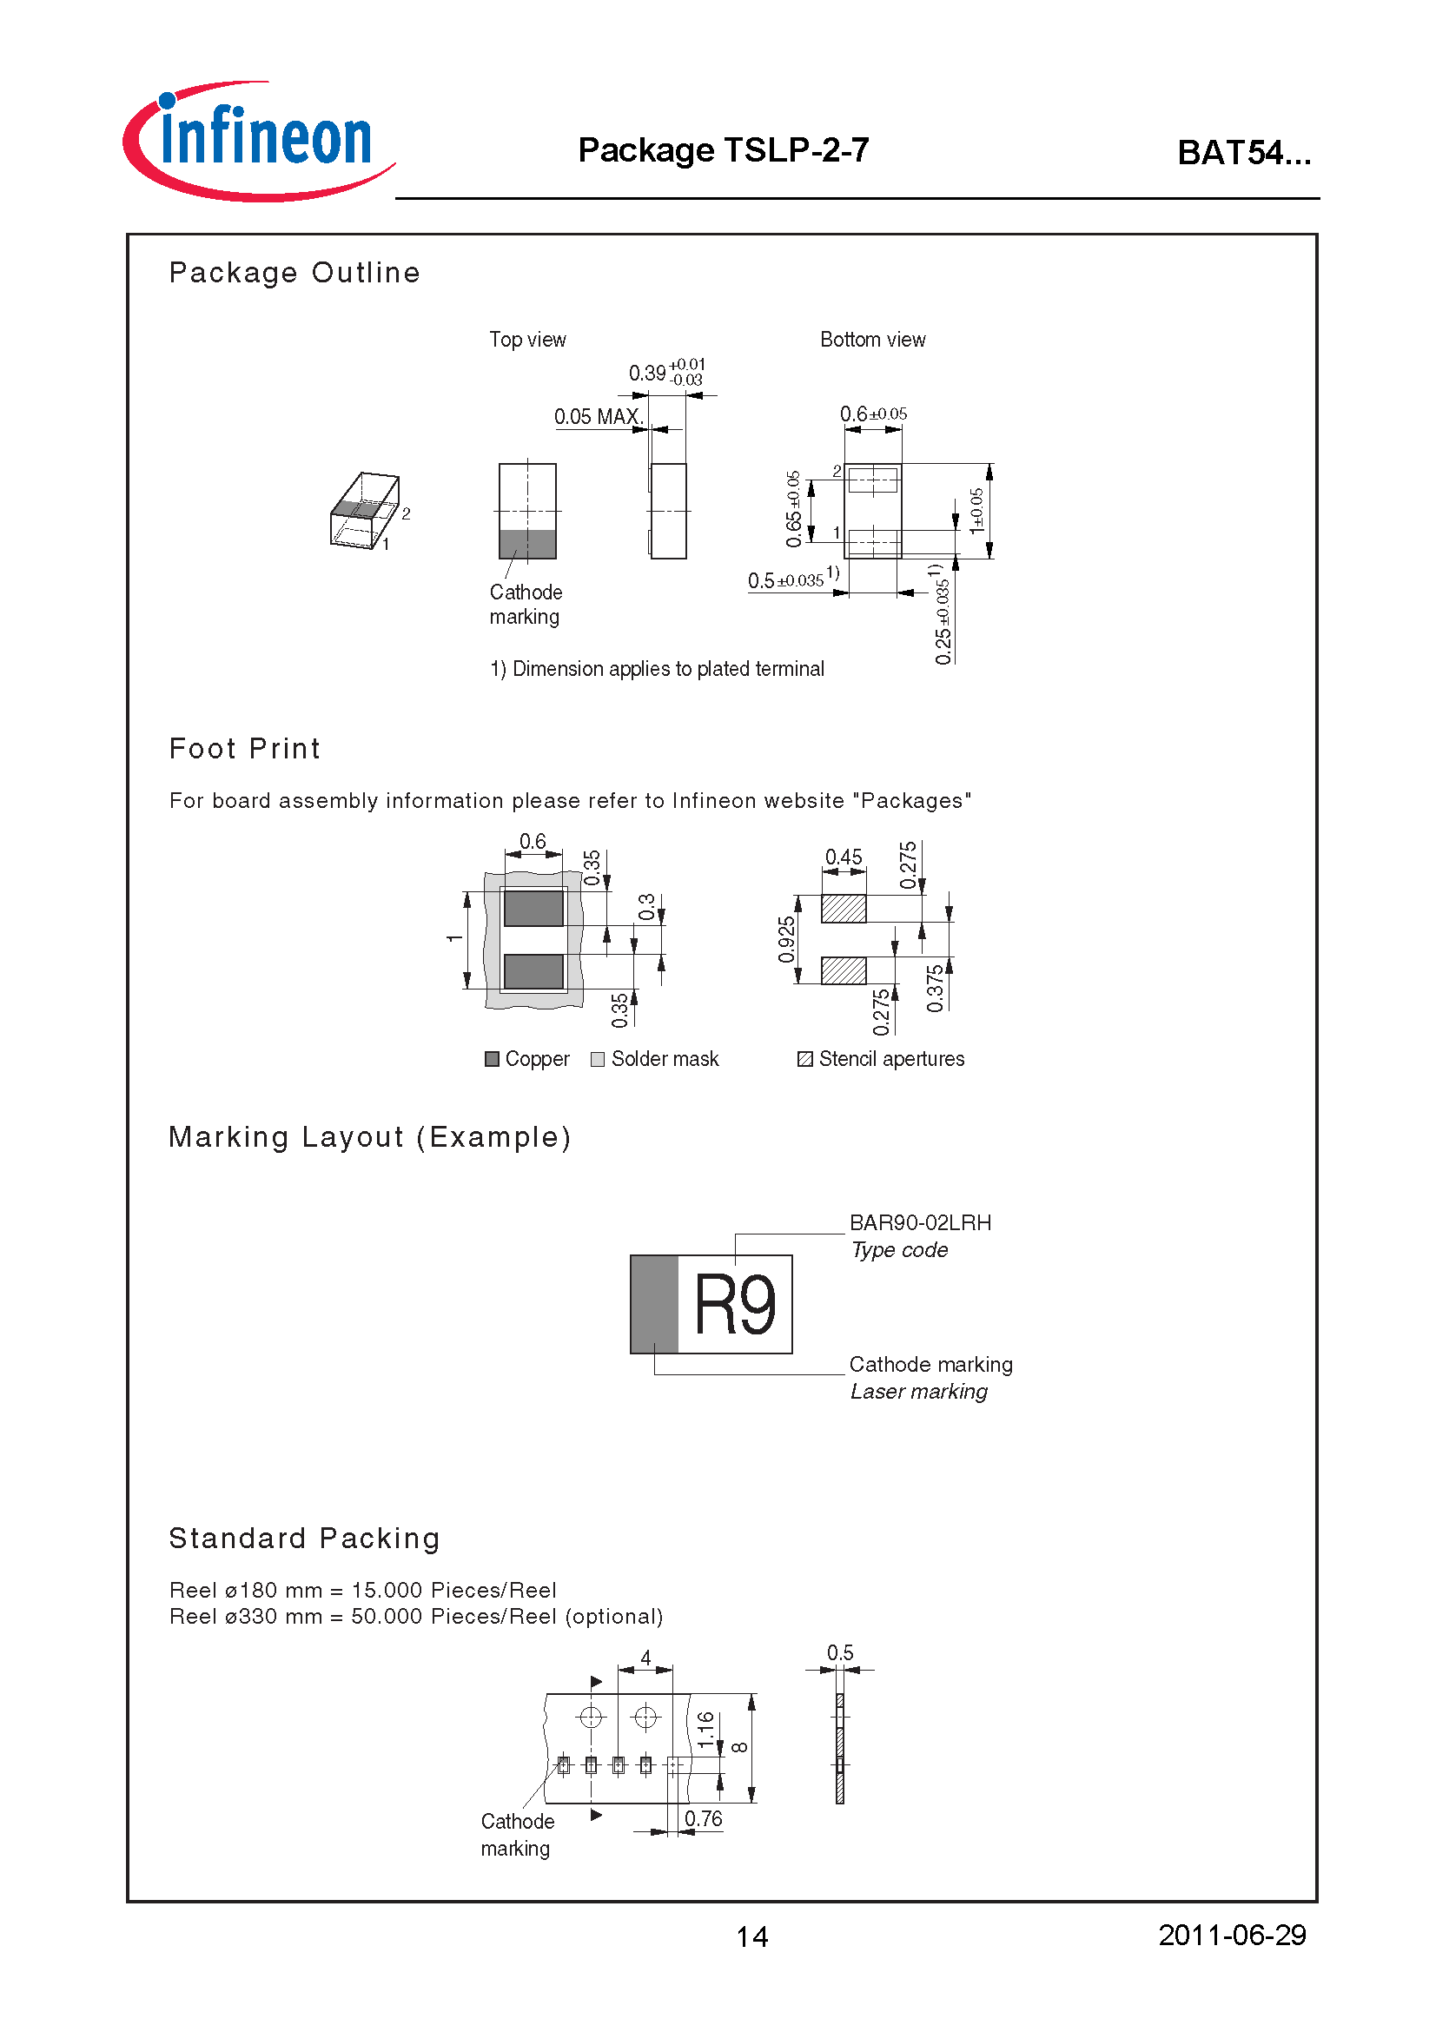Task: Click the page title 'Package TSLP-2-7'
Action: [x=723, y=150]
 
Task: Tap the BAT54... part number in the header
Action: [x=1243, y=153]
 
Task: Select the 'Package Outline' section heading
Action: [x=294, y=273]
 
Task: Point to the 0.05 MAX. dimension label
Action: [x=597, y=417]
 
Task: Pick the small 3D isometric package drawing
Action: [x=366, y=511]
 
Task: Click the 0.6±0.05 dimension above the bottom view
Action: [x=872, y=414]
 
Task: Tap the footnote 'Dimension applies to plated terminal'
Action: [x=657, y=669]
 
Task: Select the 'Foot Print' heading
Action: [x=244, y=749]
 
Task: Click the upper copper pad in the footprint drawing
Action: [x=533, y=908]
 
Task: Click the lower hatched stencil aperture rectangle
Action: [x=844, y=971]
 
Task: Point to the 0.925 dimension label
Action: [x=786, y=939]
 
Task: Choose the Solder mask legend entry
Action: [x=655, y=1059]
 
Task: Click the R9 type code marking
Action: [x=734, y=1306]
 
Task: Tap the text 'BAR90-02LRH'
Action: [x=920, y=1223]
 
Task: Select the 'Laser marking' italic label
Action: [x=918, y=1392]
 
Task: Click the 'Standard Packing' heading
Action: [x=304, y=1539]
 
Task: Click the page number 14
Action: [x=752, y=1937]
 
